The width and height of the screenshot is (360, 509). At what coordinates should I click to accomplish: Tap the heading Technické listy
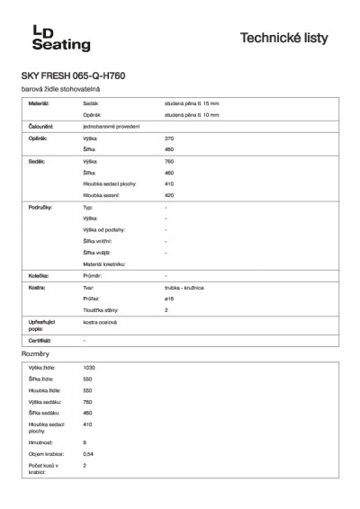[x=291, y=38]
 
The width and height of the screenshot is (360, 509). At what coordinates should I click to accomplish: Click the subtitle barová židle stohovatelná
[x=59, y=91]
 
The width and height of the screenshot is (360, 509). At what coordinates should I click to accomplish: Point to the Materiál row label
[x=39, y=104]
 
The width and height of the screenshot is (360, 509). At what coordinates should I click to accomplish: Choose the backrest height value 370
[x=169, y=138]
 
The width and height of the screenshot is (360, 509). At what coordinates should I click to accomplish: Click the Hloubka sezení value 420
[x=169, y=194]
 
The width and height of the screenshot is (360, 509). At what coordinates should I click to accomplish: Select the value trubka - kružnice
[x=184, y=287]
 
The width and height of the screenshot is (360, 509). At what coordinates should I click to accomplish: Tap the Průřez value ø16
[x=169, y=298]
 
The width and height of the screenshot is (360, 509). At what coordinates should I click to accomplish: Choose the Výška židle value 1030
[x=89, y=369]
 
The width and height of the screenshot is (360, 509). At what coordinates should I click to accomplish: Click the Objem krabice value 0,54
[x=88, y=454]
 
